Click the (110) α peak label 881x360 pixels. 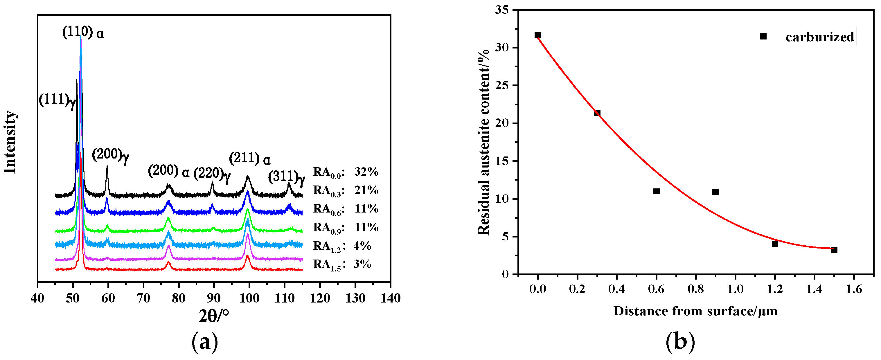tap(83, 33)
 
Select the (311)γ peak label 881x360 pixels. tap(287, 177)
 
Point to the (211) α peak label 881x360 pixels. tap(250, 159)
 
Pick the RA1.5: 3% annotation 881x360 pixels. tap(342, 264)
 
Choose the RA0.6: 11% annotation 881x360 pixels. tap(346, 209)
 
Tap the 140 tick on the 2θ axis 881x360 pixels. tap(391, 298)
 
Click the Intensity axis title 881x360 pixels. tap(10, 142)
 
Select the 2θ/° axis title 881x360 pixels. tap(214, 315)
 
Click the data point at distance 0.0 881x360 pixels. tap(537, 35)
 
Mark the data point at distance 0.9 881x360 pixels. tap(715, 192)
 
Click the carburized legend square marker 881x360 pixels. tap(763, 36)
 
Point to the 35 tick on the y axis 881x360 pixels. tap(502, 10)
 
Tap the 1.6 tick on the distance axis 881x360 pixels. tap(854, 289)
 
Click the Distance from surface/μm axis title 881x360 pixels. tap(695, 311)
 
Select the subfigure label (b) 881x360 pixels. tap(680, 342)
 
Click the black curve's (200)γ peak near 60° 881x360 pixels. tap(107, 168)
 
